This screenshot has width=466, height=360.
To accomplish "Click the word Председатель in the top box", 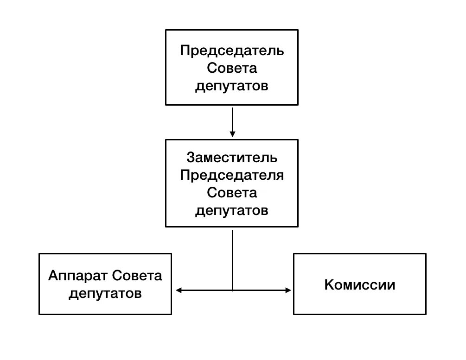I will point(232,51).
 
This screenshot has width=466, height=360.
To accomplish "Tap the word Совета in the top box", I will point(232,68).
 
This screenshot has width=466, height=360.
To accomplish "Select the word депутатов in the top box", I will point(232,86).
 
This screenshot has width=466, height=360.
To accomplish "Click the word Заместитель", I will point(232,158).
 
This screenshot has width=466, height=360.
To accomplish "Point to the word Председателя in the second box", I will point(232,175).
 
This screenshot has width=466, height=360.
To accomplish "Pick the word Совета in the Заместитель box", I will point(232,193).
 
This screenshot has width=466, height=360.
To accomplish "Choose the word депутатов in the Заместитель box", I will point(232,211).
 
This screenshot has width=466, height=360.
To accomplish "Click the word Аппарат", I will point(78,277).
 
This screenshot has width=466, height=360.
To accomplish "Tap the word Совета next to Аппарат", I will point(137,277).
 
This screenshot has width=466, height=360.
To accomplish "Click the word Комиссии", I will point(360,284).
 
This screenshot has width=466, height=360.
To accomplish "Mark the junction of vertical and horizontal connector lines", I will point(232,291).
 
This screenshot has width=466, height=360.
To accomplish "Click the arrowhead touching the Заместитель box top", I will point(232,134).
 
